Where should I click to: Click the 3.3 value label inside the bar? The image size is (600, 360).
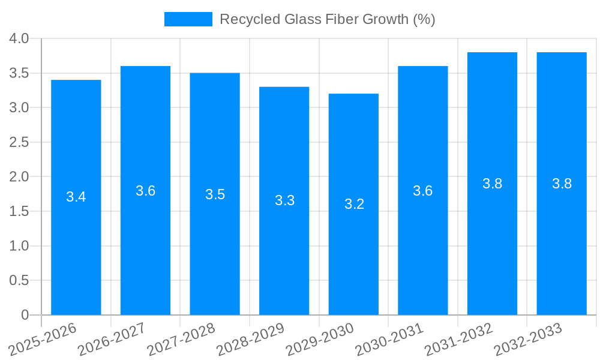click(x=284, y=200)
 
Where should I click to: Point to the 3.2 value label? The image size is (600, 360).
click(x=354, y=204)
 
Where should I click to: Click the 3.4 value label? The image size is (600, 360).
click(x=76, y=197)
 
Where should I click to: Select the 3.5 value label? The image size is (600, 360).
click(x=215, y=194)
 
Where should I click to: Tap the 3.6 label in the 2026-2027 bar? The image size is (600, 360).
click(x=145, y=191)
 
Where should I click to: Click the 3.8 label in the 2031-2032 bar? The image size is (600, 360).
click(x=492, y=184)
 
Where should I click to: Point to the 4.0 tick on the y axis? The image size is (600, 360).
click(x=19, y=38)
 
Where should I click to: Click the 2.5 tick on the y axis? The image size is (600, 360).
click(x=19, y=142)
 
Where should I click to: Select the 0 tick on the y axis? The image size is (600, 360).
click(x=25, y=315)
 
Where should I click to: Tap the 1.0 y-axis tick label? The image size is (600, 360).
click(x=19, y=246)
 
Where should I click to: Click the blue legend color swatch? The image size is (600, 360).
click(x=188, y=19)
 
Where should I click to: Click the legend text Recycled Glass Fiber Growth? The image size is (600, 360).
click(x=327, y=19)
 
